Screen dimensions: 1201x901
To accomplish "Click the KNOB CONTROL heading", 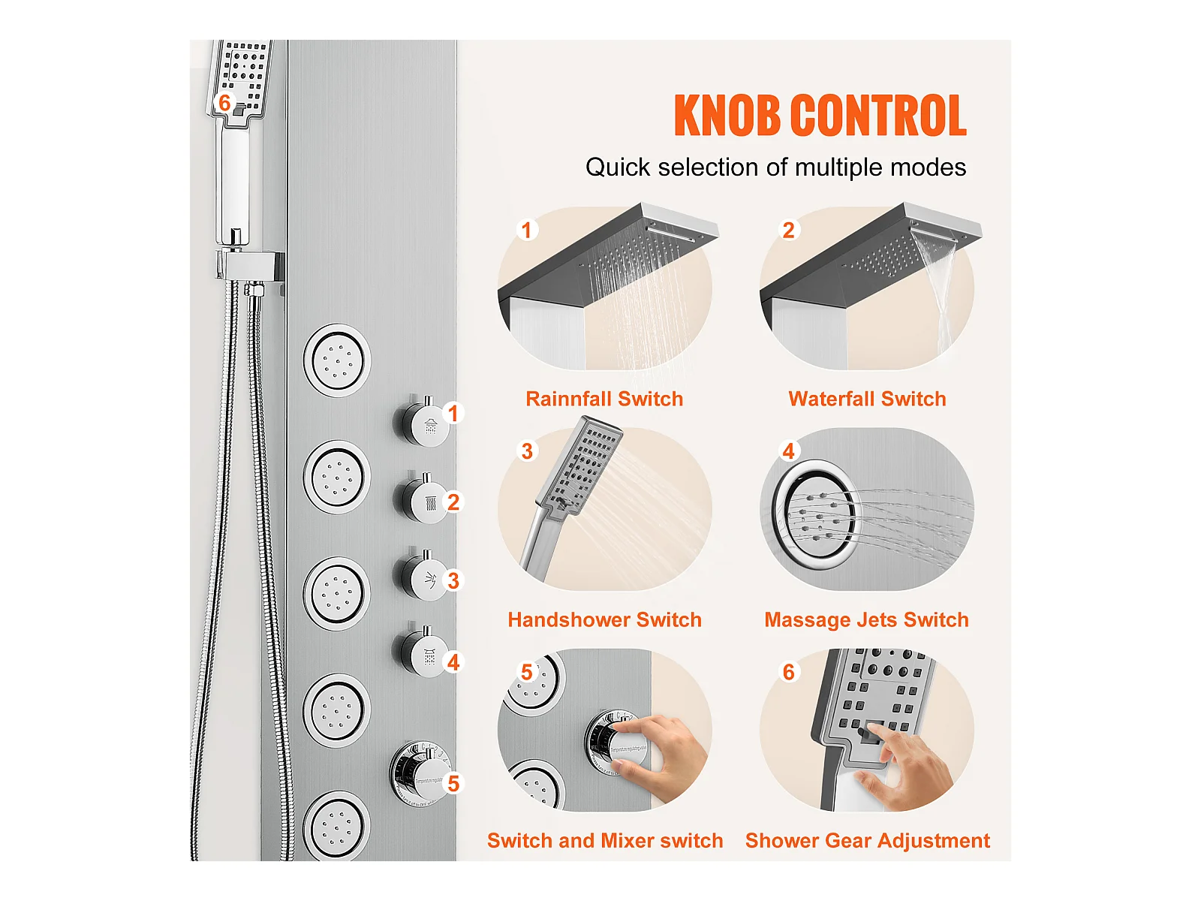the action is (820, 115).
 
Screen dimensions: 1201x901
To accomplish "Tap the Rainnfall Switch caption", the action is (604, 399).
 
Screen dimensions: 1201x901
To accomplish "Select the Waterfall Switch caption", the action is (867, 399).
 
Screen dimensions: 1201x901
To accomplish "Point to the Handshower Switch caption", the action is (604, 620).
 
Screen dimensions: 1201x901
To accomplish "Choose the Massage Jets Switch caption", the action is (867, 620).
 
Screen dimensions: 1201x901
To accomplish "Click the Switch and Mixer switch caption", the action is (605, 841).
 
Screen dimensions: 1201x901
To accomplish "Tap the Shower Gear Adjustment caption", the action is (867, 841).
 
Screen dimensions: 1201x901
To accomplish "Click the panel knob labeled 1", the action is (421, 422).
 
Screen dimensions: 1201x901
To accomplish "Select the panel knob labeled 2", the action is (421, 499).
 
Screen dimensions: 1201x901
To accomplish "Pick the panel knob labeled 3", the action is (421, 576).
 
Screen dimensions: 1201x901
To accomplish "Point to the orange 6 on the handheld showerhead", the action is (224, 102).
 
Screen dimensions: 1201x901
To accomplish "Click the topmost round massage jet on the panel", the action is (337, 360).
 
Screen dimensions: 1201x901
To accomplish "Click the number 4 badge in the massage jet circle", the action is (788, 451).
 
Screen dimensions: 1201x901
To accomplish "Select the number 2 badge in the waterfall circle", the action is (788, 231).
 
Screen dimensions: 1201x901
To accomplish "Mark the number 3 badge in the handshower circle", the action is (527, 451).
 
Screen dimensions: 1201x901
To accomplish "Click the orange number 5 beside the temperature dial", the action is (453, 783).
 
